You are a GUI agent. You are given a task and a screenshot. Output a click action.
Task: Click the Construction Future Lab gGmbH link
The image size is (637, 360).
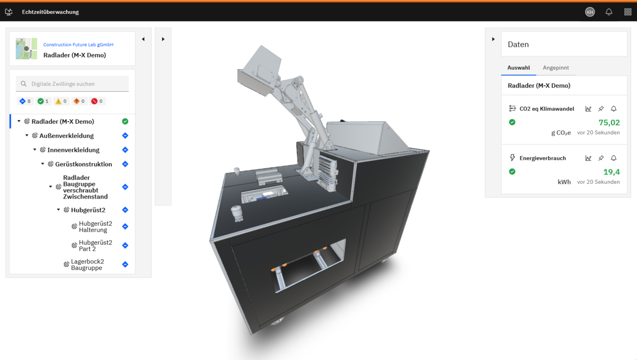tap(78, 45)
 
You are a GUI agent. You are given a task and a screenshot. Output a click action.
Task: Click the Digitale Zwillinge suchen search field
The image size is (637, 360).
tap(72, 84)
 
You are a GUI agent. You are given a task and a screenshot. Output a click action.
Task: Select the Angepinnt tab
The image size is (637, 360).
tap(556, 67)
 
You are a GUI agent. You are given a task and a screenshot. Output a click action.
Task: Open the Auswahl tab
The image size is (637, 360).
tap(519, 67)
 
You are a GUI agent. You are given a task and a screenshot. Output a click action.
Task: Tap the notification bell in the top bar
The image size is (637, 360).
tap(608, 12)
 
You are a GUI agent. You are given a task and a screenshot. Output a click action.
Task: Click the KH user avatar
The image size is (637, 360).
tap(590, 12)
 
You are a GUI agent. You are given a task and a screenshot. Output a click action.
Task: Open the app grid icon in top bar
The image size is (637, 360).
tap(627, 12)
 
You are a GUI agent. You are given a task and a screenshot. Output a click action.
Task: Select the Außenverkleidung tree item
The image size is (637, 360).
tap(66, 135)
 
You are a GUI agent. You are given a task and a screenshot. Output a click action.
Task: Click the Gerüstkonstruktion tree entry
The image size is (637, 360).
tap(83, 164)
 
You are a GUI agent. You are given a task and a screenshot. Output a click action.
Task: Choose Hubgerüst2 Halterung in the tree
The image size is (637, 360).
tap(96, 227)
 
